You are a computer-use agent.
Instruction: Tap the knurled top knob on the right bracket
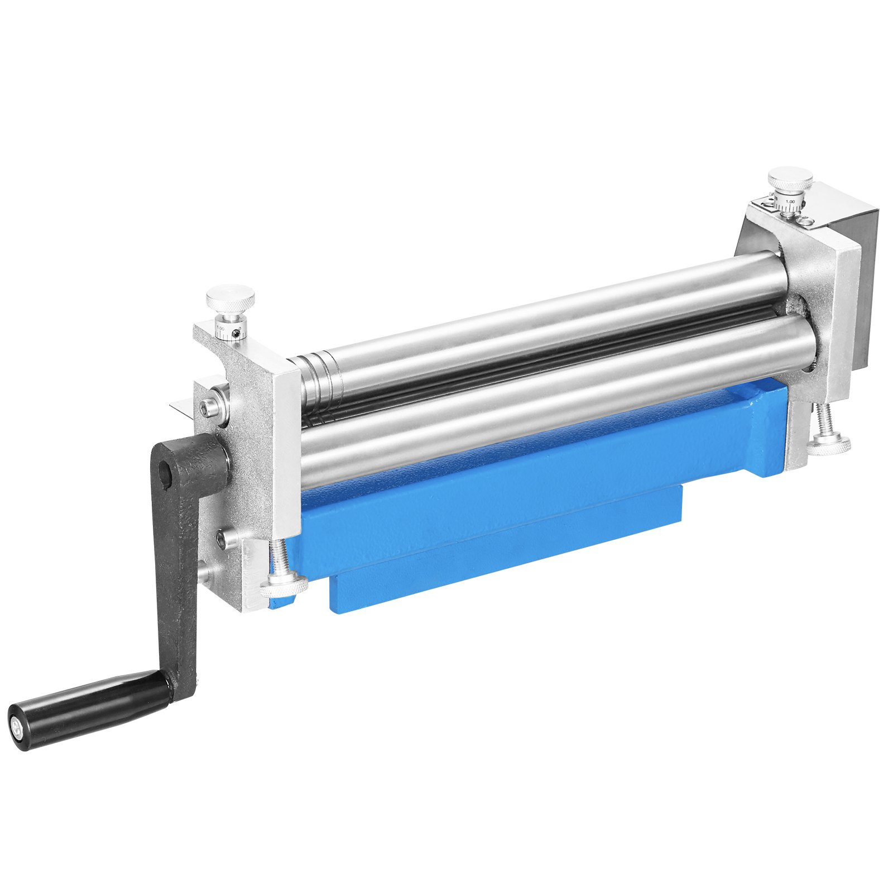point(790,179)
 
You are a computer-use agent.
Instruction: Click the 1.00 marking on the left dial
point(220,329)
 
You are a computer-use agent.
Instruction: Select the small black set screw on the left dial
point(237,334)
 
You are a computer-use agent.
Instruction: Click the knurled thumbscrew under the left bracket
point(284,586)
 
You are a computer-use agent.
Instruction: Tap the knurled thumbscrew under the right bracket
point(828,445)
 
